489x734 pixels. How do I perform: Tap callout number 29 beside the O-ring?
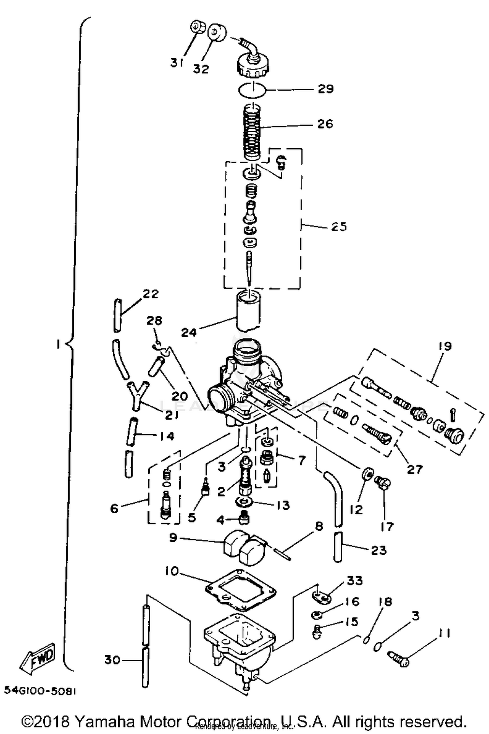point(325,89)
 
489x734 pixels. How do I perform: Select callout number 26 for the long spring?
point(325,124)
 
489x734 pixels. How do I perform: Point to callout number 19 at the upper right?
point(445,346)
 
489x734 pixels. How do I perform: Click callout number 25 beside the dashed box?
point(339,227)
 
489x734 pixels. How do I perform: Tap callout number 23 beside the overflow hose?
point(378,550)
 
